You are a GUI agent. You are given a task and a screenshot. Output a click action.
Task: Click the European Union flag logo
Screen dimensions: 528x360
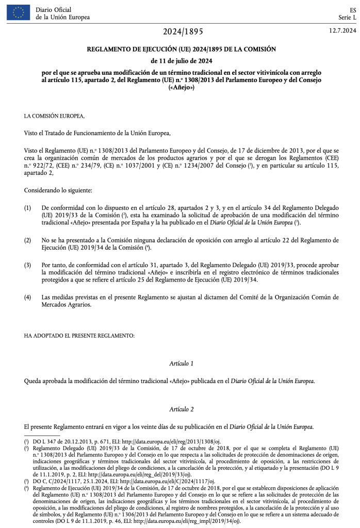(19, 13)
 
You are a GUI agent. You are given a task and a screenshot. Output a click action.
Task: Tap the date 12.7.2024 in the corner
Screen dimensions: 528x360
(342, 31)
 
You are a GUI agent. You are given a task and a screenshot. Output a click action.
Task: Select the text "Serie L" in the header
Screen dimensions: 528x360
(347, 18)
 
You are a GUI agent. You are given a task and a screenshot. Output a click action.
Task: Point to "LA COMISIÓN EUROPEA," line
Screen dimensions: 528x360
(51, 116)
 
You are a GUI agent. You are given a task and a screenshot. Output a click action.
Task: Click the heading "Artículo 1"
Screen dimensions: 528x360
(181, 364)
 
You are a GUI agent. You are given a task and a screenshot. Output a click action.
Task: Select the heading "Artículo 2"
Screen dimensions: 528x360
(181, 409)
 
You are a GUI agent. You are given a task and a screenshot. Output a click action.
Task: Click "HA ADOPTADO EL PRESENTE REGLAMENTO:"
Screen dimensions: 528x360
(79, 336)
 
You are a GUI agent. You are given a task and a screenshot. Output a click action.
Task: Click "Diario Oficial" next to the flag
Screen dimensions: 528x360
(54, 10)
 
